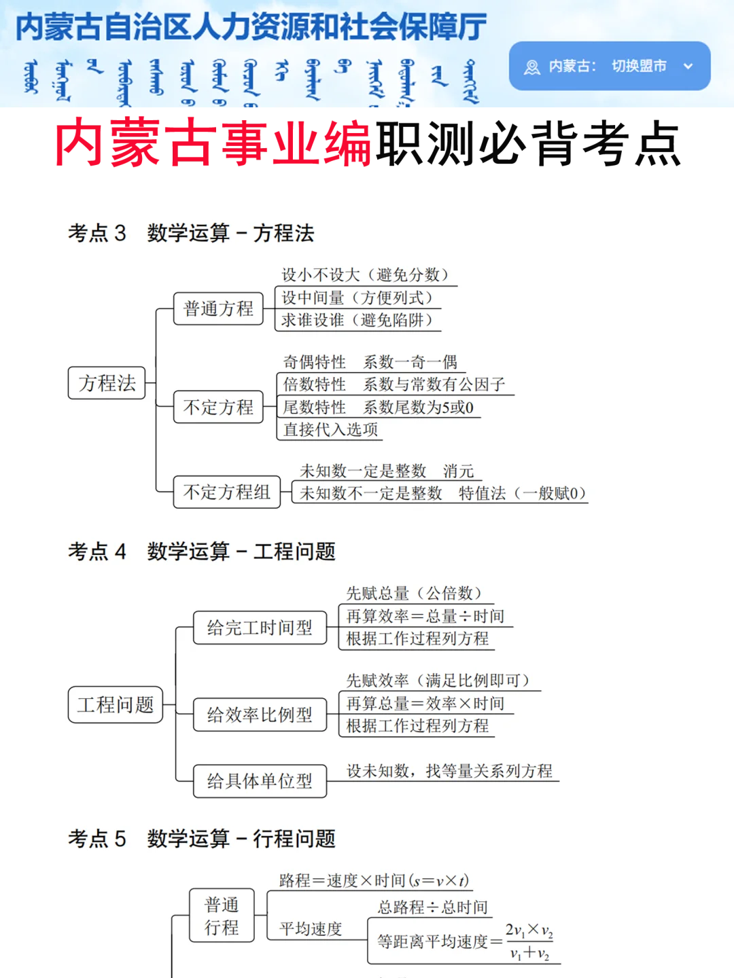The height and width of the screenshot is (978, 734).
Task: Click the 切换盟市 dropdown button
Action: click(x=609, y=66)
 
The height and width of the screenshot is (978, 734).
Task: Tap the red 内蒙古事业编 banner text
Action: click(x=213, y=143)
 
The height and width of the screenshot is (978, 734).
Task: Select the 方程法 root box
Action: click(x=107, y=383)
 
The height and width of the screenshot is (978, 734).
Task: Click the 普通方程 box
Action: click(x=218, y=309)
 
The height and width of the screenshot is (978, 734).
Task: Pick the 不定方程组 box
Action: click(x=226, y=492)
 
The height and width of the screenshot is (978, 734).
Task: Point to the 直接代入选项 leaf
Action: click(x=330, y=430)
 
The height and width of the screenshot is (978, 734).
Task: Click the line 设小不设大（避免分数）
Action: click(x=366, y=275)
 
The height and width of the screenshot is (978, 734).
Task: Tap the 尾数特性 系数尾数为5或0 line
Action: click(x=378, y=407)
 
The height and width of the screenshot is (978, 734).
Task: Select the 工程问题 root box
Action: click(x=116, y=705)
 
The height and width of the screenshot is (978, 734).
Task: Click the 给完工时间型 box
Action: click(x=260, y=628)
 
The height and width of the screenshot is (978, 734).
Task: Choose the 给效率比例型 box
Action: click(x=260, y=714)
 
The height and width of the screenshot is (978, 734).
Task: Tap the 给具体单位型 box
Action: click(x=260, y=781)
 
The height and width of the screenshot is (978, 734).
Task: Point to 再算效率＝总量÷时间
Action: click(x=425, y=616)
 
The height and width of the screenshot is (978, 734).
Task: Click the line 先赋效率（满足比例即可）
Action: click(x=438, y=681)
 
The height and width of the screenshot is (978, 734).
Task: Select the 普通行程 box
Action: click(x=222, y=916)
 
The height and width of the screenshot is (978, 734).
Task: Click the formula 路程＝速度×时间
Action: click(x=374, y=881)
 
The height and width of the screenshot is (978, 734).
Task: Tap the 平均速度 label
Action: click(x=311, y=928)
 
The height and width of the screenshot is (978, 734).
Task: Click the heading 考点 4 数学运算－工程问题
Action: click(x=201, y=551)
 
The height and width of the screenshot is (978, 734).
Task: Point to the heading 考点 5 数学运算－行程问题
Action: click(x=201, y=839)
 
